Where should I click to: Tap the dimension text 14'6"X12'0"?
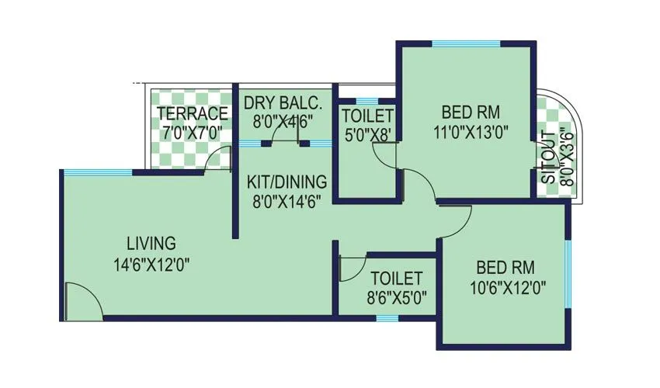tap(152, 264)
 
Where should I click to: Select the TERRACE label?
tap(193, 114)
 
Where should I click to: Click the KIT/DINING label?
tap(286, 182)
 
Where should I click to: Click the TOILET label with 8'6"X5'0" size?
tap(396, 278)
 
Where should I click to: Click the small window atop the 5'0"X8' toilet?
tap(367, 100)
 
